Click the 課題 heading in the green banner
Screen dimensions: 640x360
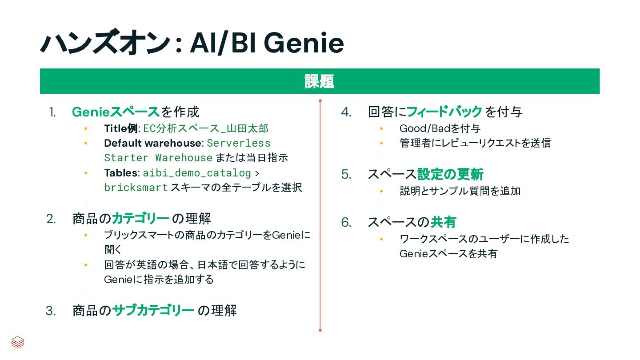click(x=319, y=81)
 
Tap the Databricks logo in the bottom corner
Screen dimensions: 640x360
click(x=18, y=342)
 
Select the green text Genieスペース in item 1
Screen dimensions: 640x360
click(x=116, y=112)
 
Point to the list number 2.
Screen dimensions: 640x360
click(x=51, y=219)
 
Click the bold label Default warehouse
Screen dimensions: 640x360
click(x=152, y=143)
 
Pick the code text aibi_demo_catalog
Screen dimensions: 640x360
click(x=196, y=173)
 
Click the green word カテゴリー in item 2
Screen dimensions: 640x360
click(x=140, y=219)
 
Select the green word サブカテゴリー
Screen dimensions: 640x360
click(x=153, y=310)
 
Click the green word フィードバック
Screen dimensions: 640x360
click(x=444, y=112)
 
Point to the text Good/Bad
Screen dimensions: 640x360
click(x=425, y=129)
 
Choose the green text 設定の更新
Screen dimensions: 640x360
click(x=450, y=174)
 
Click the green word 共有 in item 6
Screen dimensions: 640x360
click(x=444, y=222)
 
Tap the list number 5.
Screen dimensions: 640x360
click(x=346, y=175)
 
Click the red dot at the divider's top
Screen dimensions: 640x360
click(x=320, y=101)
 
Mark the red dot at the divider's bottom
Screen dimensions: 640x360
click(x=320, y=330)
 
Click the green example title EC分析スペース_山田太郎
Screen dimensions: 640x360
click(x=205, y=129)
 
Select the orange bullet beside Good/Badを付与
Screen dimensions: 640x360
click(x=381, y=129)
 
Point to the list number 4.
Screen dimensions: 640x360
click(x=346, y=112)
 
